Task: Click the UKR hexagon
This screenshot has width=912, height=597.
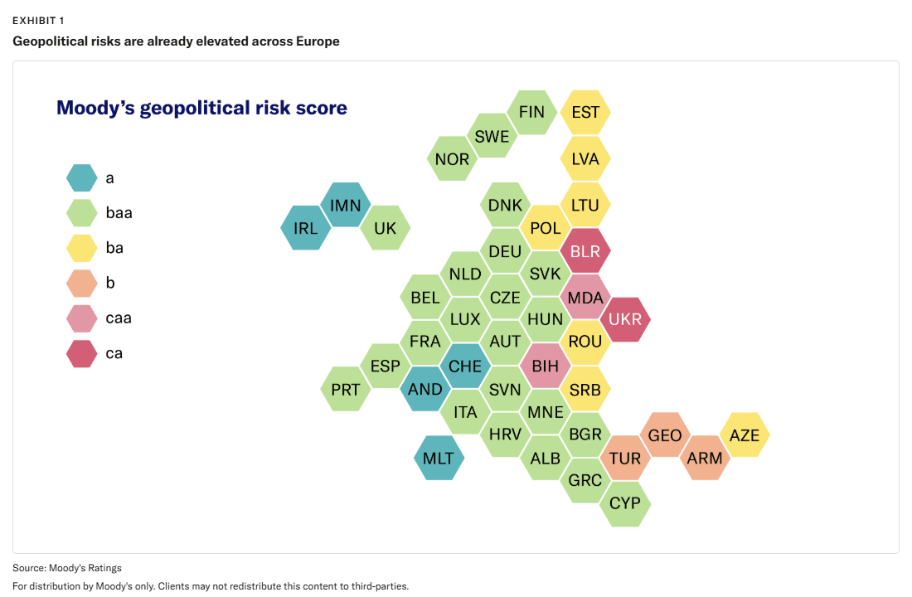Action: (625, 319)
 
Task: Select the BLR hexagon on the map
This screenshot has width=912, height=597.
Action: (585, 250)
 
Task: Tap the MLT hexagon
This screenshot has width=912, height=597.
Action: (439, 458)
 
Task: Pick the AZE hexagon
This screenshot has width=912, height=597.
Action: (745, 434)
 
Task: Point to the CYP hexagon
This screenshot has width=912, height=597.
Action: (625, 503)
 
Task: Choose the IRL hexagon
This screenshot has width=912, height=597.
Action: (305, 227)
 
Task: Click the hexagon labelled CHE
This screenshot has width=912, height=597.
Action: (465, 366)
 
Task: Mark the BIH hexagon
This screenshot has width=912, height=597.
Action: (545, 366)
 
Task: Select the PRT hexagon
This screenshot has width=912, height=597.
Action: (346, 389)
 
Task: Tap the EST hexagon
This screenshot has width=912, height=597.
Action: (585, 112)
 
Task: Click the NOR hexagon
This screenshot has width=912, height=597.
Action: (452, 158)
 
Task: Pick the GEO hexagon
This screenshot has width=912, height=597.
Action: (665, 434)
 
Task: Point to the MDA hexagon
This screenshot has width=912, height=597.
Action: (585, 297)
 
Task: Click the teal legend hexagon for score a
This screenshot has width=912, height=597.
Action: (81, 178)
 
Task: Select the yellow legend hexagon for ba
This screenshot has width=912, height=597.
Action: (81, 248)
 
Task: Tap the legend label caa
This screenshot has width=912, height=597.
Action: (119, 318)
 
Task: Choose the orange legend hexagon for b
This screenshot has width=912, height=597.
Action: (81, 284)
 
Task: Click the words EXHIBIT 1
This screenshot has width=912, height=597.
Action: (38, 21)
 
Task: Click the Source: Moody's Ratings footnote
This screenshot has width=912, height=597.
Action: (67, 568)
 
